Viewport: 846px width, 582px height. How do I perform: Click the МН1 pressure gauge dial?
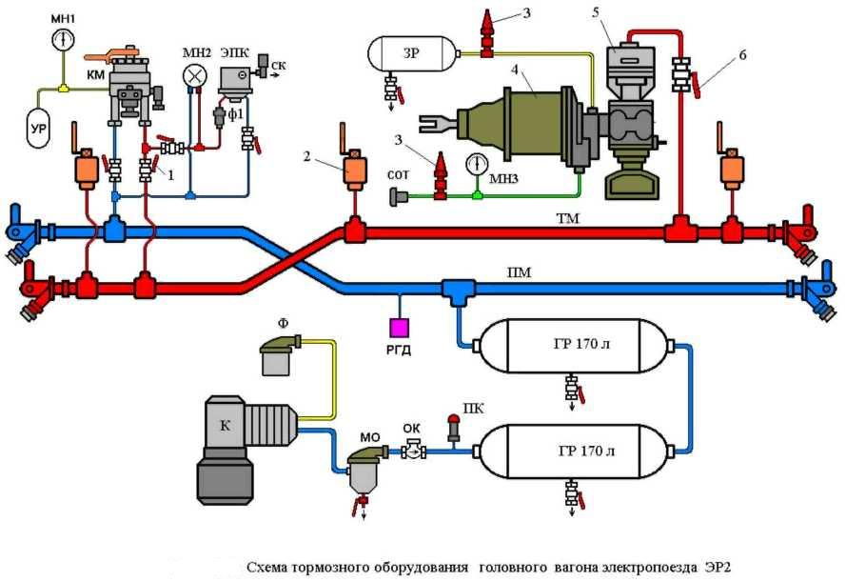(x=64, y=40)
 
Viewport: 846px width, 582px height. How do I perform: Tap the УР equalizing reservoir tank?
(x=38, y=129)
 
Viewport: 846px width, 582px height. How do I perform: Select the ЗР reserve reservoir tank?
(x=411, y=53)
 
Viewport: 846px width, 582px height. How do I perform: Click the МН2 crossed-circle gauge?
(x=194, y=74)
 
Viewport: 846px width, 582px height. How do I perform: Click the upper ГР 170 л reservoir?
(x=574, y=346)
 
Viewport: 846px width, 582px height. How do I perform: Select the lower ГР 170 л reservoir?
(x=574, y=452)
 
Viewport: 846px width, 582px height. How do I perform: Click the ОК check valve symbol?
(x=414, y=450)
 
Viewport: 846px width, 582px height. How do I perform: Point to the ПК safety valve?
(x=454, y=428)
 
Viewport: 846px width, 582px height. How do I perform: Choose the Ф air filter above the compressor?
(x=279, y=354)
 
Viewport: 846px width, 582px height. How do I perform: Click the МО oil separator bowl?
(x=364, y=470)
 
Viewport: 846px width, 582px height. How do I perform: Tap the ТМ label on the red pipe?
(x=567, y=219)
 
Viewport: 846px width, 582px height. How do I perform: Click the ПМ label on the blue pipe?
(x=519, y=272)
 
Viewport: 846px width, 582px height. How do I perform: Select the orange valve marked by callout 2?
(x=354, y=171)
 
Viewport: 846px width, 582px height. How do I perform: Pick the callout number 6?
(x=742, y=54)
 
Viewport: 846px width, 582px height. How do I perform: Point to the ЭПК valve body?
(x=235, y=83)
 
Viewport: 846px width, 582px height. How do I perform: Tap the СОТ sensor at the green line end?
(x=399, y=196)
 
